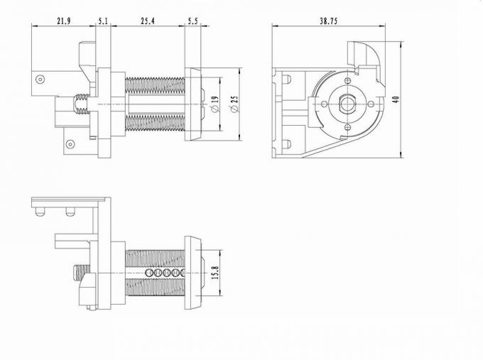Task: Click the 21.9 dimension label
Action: [x=64, y=21]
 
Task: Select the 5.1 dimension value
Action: [x=104, y=21]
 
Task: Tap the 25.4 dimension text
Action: [x=148, y=21]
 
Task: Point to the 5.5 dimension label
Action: [x=193, y=21]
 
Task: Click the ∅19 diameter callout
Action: [x=215, y=104]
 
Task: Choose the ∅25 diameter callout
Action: [x=234, y=104]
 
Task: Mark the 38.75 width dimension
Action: [x=328, y=21]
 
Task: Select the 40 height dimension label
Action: [x=396, y=98]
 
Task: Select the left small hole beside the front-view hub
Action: [x=325, y=104]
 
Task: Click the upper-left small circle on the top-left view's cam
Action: [x=40, y=81]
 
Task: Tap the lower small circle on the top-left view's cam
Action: [x=70, y=144]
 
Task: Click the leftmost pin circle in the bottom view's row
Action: [x=148, y=273]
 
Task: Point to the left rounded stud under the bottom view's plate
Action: [x=44, y=211]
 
